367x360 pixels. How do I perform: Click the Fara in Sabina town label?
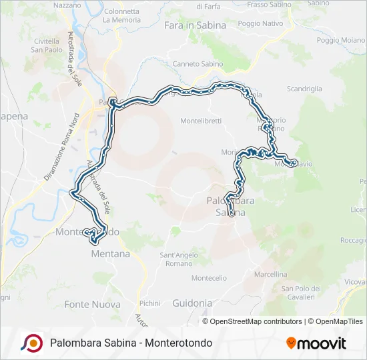click(195, 26)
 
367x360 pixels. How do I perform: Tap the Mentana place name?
click(111, 254)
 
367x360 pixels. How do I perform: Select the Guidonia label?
click(192, 303)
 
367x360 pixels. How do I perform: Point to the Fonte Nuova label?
click(92, 304)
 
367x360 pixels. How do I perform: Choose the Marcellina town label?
click(270, 274)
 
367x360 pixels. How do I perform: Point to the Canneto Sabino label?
click(198, 64)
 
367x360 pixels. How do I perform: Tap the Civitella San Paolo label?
click(47, 45)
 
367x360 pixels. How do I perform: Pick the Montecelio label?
click(209, 278)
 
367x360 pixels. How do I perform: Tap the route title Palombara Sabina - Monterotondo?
click(131, 343)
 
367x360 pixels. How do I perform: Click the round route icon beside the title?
click(31, 343)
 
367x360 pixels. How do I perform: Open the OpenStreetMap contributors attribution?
click(256, 321)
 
